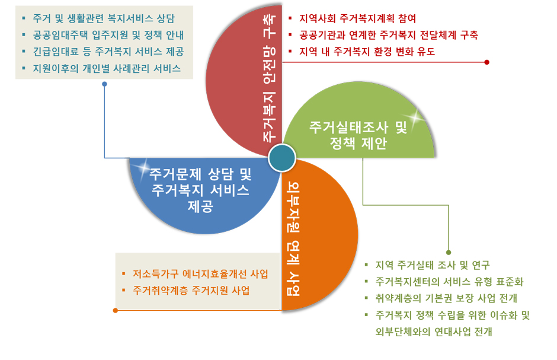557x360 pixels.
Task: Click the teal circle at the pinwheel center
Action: click(x=281, y=158)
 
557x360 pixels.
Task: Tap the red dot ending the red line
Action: click(x=486, y=62)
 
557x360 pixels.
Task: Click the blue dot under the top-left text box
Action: click(x=104, y=84)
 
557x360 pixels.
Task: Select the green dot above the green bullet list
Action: click(x=449, y=252)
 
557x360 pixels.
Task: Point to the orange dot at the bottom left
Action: click(x=116, y=311)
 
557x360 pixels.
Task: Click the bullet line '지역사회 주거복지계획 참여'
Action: click(x=357, y=18)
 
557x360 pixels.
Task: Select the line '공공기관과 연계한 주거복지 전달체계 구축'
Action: click(x=389, y=35)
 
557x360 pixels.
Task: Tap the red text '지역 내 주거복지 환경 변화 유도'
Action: click(x=367, y=52)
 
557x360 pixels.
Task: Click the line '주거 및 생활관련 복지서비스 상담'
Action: click(x=104, y=18)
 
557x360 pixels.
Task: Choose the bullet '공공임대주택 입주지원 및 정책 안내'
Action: click(x=108, y=35)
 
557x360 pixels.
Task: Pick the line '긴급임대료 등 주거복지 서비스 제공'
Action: click(x=108, y=52)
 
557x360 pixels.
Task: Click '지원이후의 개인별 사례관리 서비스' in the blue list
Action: click(x=107, y=69)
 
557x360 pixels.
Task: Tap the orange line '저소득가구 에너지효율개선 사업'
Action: click(x=200, y=274)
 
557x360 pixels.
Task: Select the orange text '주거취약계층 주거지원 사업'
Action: click(x=191, y=291)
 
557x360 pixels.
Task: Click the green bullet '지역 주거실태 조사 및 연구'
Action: click(x=433, y=265)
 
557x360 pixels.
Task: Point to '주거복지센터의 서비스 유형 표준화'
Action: click(x=449, y=282)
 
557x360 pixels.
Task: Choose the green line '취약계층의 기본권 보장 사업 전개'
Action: click(x=446, y=298)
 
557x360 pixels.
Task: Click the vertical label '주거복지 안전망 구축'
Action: click(x=269, y=78)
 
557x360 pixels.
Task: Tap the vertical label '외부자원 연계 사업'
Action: click(x=293, y=239)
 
